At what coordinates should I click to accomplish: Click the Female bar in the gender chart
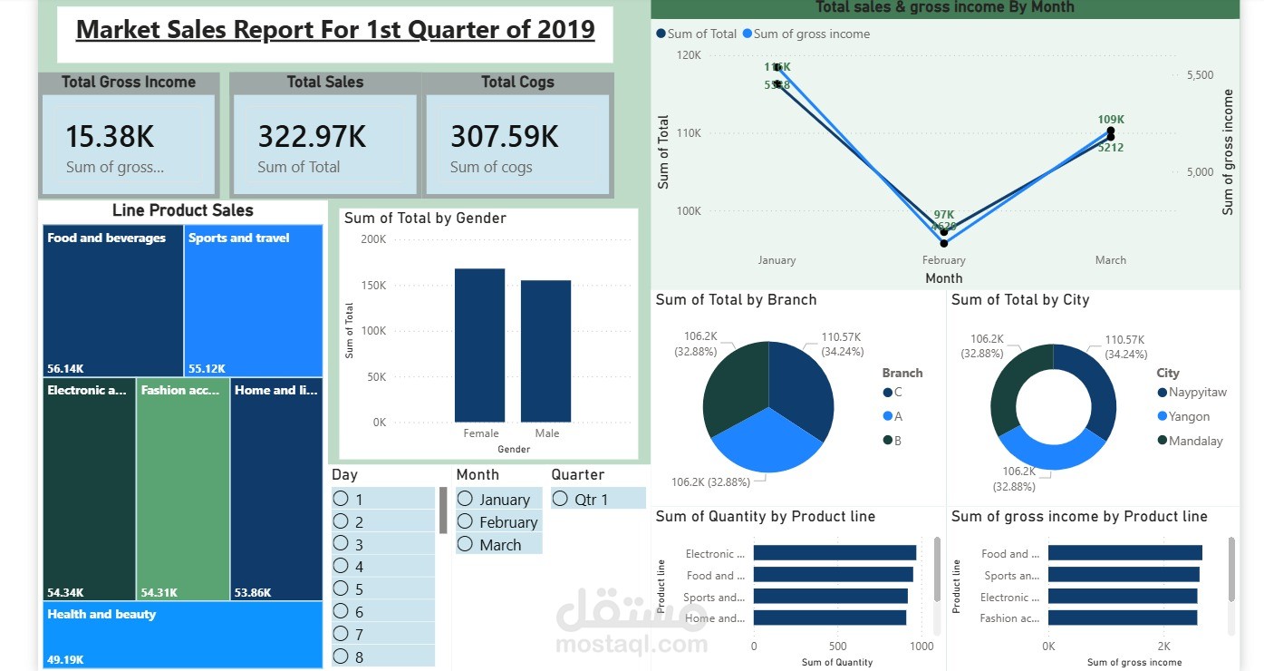pos(479,345)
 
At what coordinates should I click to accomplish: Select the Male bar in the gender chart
pos(545,351)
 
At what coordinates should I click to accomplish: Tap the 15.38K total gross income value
pos(110,137)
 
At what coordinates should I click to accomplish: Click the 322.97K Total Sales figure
pos(312,137)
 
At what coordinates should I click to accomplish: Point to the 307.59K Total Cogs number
pos(505,137)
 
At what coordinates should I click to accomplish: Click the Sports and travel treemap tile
pos(254,300)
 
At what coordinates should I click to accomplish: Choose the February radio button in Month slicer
pos(465,521)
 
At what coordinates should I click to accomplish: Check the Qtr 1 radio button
pos(560,499)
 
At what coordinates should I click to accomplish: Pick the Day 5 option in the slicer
pos(341,588)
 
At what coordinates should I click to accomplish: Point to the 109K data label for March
pos(1111,120)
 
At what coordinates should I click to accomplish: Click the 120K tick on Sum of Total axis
pos(689,55)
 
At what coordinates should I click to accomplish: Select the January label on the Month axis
pos(777,260)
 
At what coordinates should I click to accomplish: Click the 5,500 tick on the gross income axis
pos(1200,75)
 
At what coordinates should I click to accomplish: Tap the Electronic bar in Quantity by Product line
pos(835,553)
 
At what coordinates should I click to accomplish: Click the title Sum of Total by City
pos(1020,300)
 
